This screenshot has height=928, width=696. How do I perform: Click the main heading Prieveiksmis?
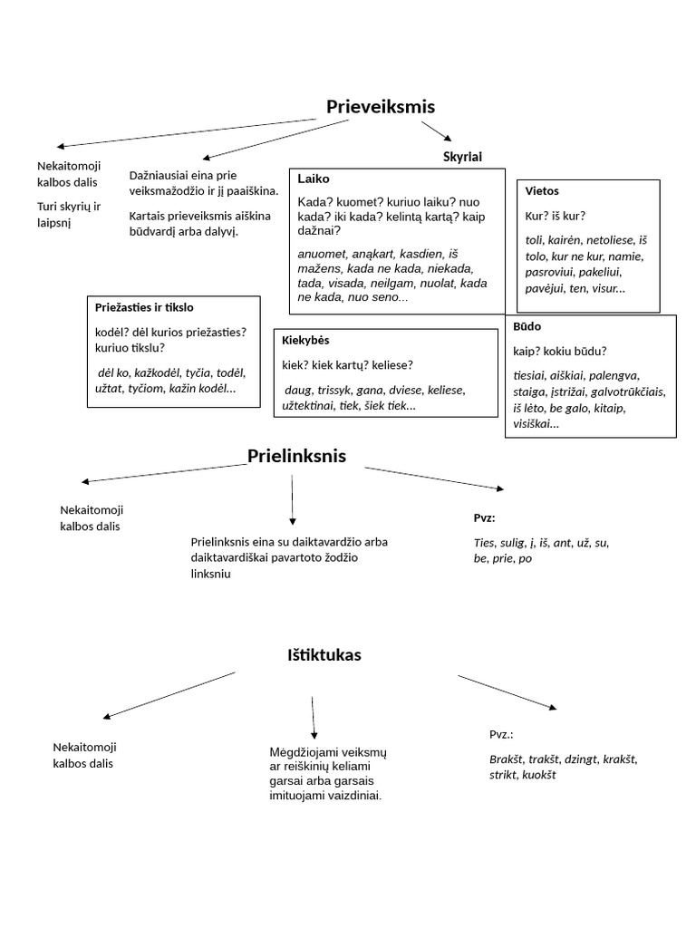click(381, 107)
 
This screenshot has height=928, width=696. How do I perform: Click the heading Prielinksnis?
click(296, 456)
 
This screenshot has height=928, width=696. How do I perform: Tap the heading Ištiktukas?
click(324, 655)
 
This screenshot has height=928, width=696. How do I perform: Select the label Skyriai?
click(462, 157)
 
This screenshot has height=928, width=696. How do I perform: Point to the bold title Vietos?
click(542, 191)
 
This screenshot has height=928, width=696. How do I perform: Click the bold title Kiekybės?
click(306, 340)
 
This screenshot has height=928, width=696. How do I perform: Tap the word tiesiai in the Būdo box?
click(531, 375)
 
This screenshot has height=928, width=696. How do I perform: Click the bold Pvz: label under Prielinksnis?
click(484, 517)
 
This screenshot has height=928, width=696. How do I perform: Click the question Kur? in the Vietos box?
click(537, 216)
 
